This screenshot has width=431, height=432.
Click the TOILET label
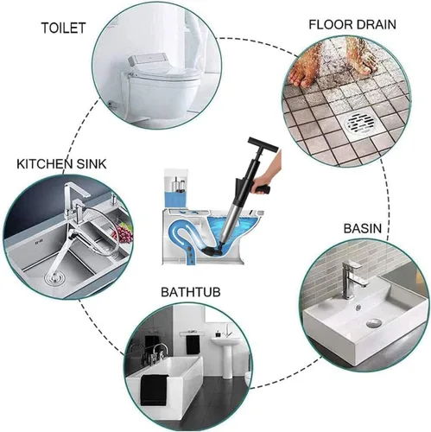tap(63, 28)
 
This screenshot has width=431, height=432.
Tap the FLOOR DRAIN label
tap(352, 24)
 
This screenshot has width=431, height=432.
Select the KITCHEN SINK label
tap(61, 164)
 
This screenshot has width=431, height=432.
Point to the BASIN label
tap(363, 228)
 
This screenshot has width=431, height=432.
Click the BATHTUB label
tap(191, 292)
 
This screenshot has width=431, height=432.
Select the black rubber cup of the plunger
tap(212, 248)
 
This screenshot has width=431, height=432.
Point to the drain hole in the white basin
tap(374, 322)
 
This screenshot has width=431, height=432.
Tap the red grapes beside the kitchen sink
tap(124, 233)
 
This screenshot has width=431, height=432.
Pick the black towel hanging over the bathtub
tap(155, 390)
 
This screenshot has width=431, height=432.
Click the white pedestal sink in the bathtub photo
tap(227, 355)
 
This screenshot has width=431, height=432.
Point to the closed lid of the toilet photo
tap(163, 74)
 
